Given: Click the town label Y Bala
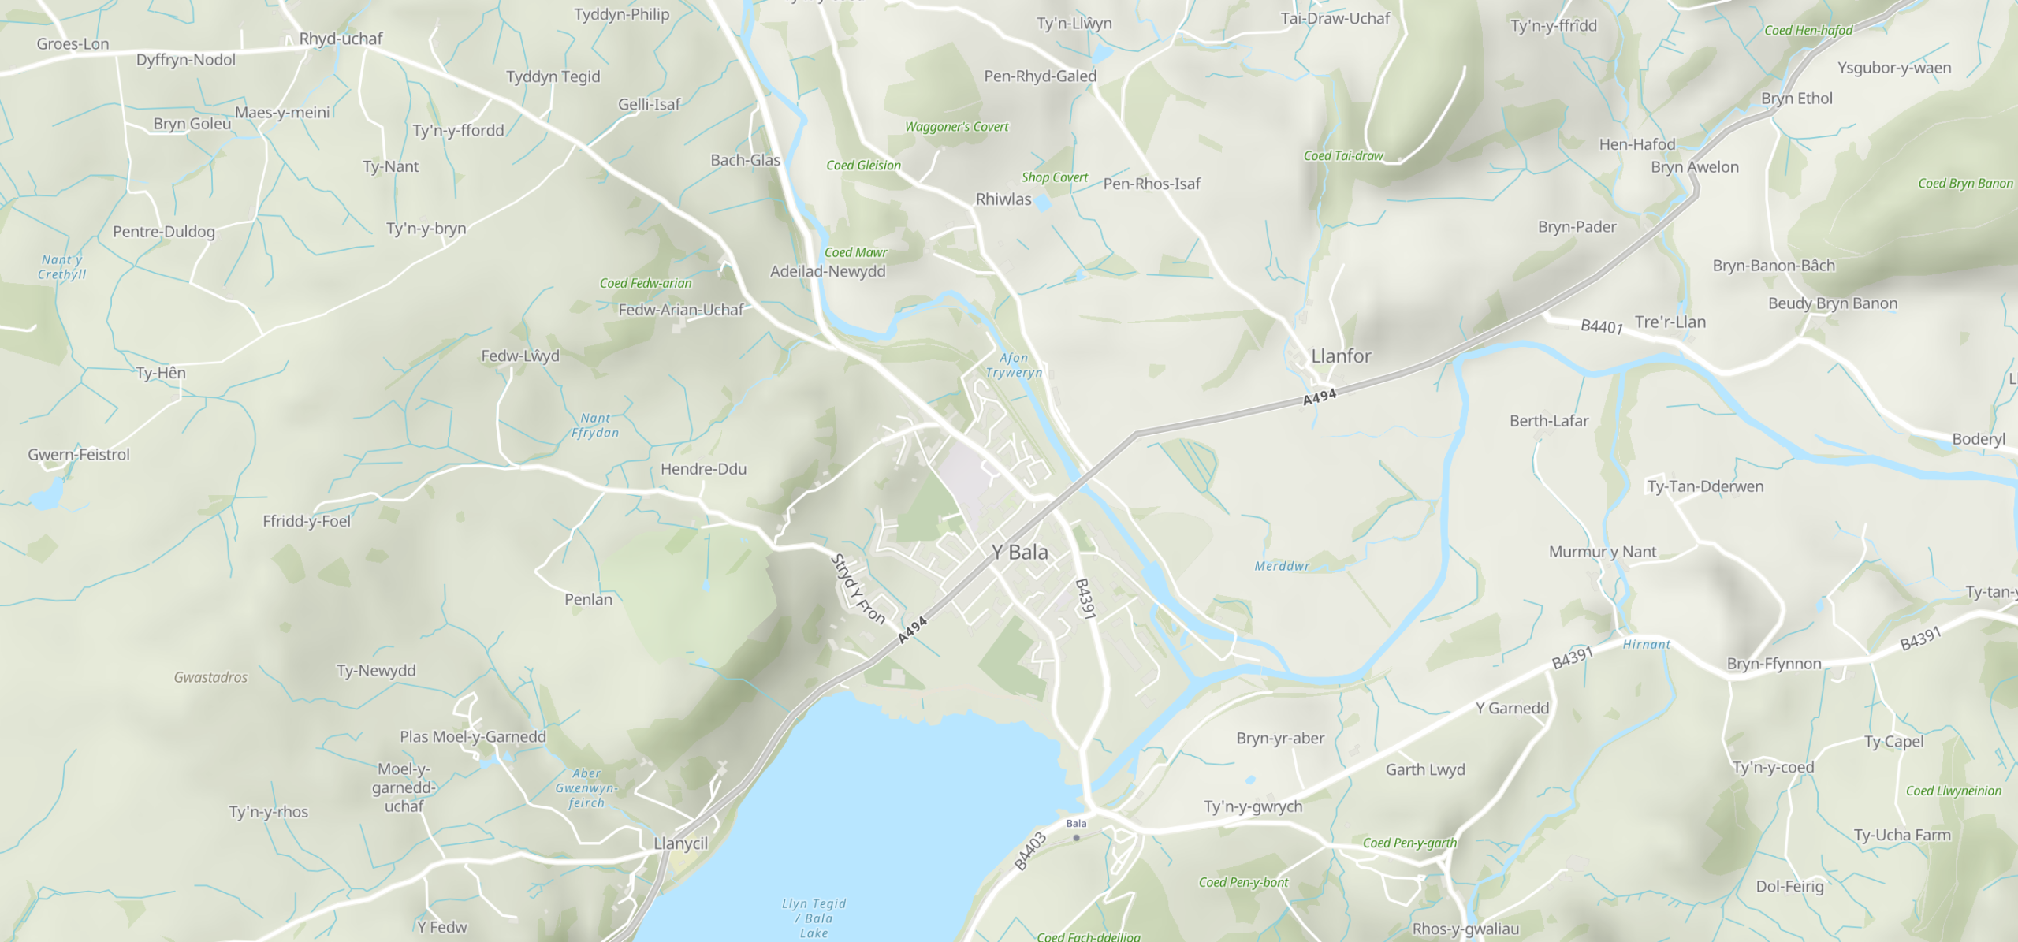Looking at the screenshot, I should click(x=1020, y=552).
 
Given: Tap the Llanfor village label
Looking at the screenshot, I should click(x=1341, y=356).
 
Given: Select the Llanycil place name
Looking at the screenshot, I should click(x=680, y=843).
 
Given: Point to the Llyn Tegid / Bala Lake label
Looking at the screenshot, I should click(x=814, y=918).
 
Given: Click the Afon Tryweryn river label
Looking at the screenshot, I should click(x=1014, y=365).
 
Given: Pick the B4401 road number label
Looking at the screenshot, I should click(x=1602, y=326).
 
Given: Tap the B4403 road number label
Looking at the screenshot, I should click(x=1030, y=851).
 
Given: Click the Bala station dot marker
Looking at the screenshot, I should click(x=1076, y=838).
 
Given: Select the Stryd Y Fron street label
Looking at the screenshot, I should click(x=858, y=589).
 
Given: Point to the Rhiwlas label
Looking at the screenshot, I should click(x=1003, y=199).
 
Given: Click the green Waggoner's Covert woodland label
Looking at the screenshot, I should click(x=956, y=127).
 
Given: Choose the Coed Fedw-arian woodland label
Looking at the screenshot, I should click(x=646, y=283).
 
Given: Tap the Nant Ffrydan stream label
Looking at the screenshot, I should click(x=595, y=426).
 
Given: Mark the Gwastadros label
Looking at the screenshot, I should click(x=210, y=677).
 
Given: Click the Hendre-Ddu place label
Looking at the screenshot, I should click(x=703, y=469).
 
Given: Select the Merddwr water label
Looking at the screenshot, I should click(x=1282, y=566).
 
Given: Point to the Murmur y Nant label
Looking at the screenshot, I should click(x=1603, y=552).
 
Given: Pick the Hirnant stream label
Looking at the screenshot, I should click(x=1647, y=645).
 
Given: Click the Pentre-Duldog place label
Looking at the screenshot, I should click(x=164, y=232).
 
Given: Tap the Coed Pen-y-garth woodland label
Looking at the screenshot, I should click(x=1410, y=843).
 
